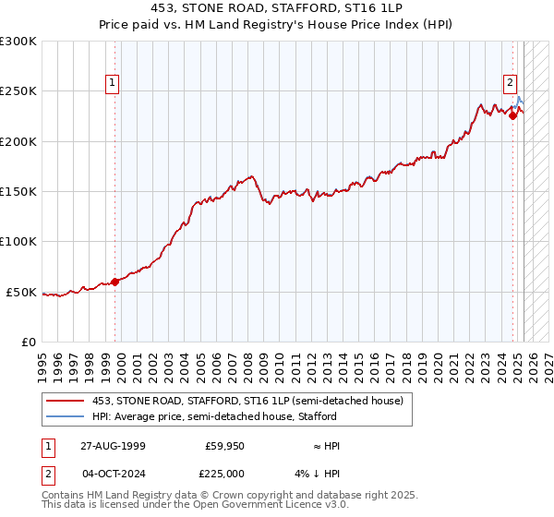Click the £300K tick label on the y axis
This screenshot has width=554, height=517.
tap(18, 42)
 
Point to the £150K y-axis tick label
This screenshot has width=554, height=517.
tap(18, 192)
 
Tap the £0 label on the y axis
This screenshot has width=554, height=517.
tap(28, 342)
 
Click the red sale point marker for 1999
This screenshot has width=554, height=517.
tap(115, 282)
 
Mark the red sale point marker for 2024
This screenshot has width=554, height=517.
tap(512, 116)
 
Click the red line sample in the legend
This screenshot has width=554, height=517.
tap(66, 401)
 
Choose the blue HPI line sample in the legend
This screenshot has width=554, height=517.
tap(66, 416)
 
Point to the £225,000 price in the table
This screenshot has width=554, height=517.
tap(226, 474)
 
